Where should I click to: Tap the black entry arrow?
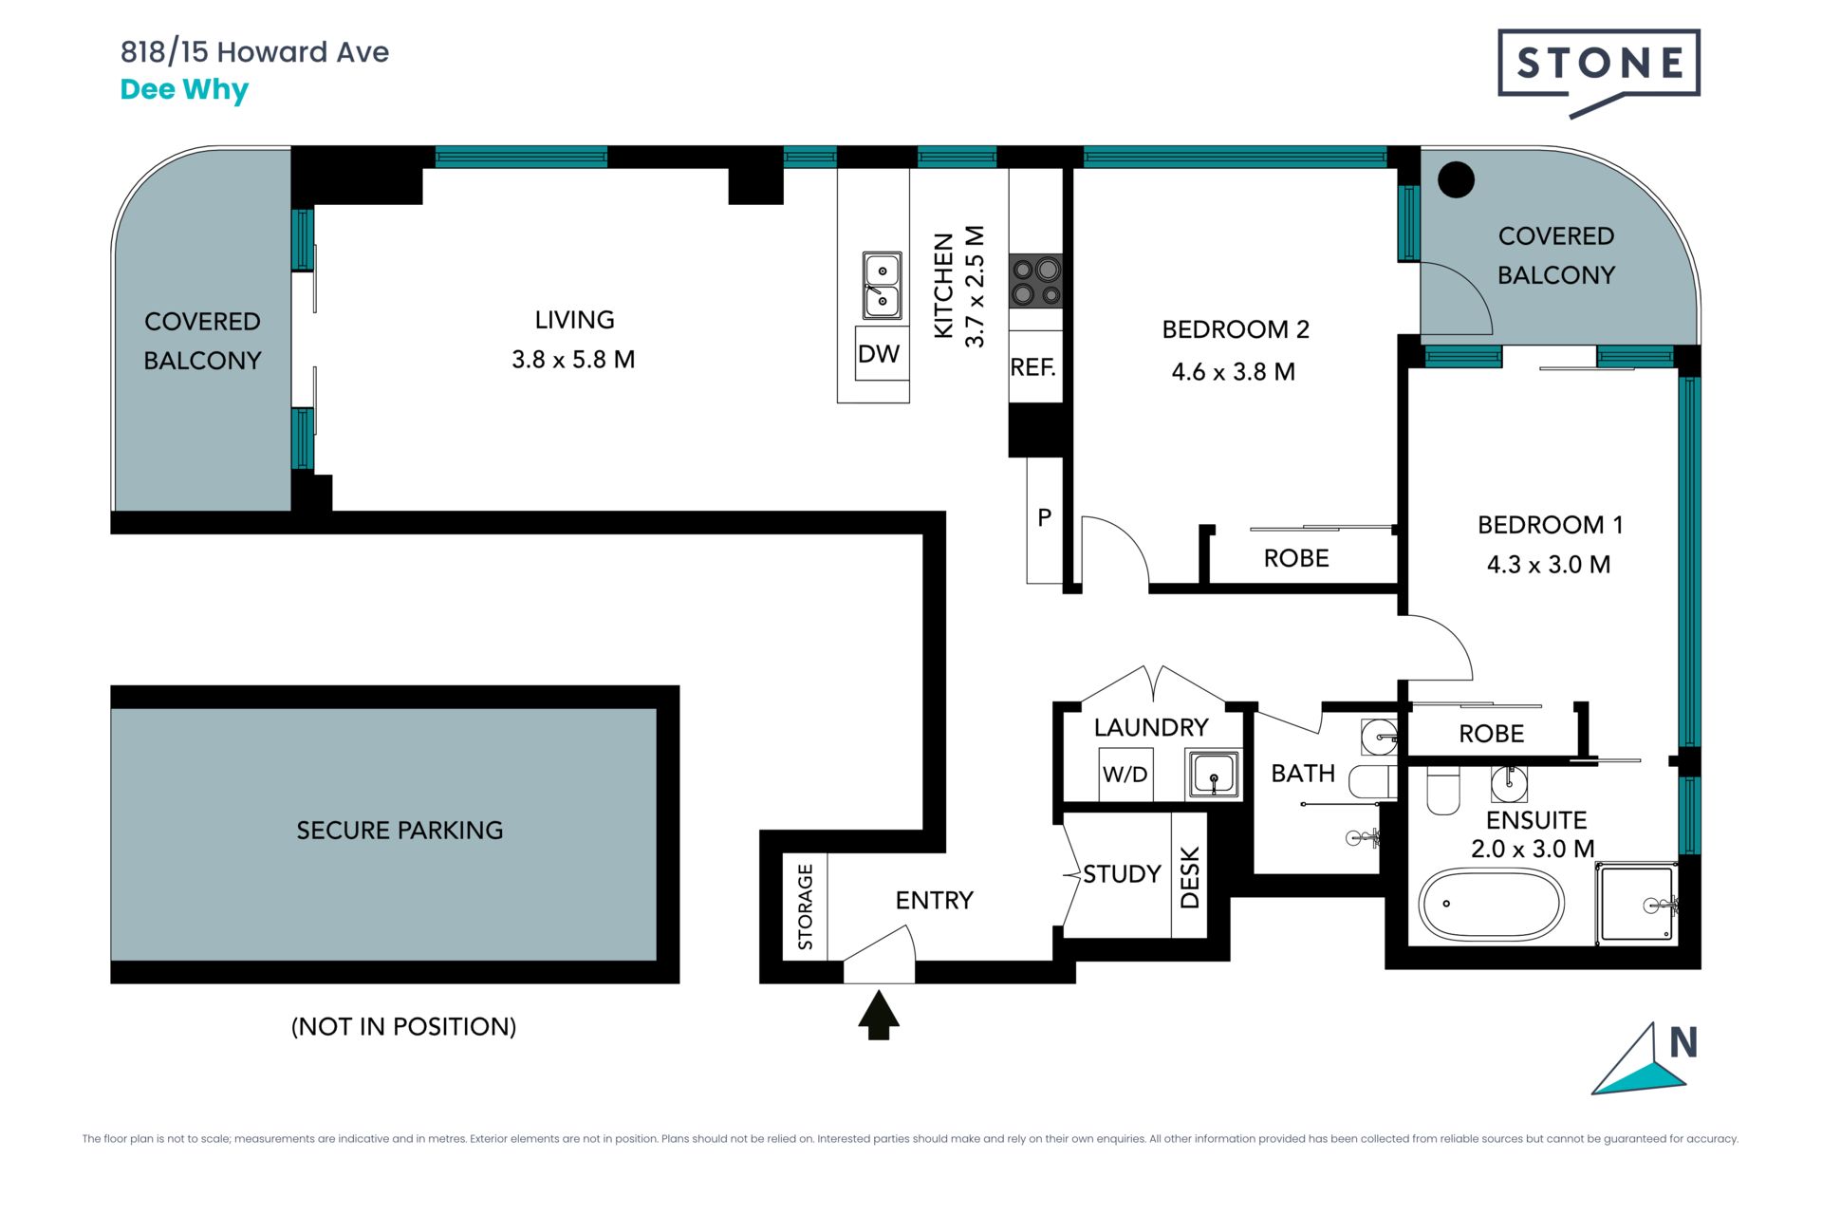click(x=879, y=1015)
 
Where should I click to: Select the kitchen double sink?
click(x=883, y=285)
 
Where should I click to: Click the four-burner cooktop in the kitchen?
click(x=1035, y=281)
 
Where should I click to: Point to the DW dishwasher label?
click(x=879, y=354)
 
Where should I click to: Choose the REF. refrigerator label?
click(x=1033, y=367)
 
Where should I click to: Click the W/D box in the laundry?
click(x=1125, y=775)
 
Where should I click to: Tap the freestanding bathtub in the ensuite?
click(x=1491, y=904)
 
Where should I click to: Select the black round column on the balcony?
click(x=1456, y=179)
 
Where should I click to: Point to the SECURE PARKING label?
click(x=400, y=831)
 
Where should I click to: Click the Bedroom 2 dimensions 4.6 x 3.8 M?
click(x=1233, y=372)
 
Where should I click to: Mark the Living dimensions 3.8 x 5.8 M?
click(x=573, y=360)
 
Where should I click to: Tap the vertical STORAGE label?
click(x=806, y=907)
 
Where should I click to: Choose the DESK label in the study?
click(x=1190, y=877)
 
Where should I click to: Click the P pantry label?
click(x=1045, y=517)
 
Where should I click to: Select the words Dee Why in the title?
click(x=184, y=90)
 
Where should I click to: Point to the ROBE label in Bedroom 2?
click(x=1296, y=558)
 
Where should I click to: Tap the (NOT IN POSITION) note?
click(x=403, y=1026)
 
